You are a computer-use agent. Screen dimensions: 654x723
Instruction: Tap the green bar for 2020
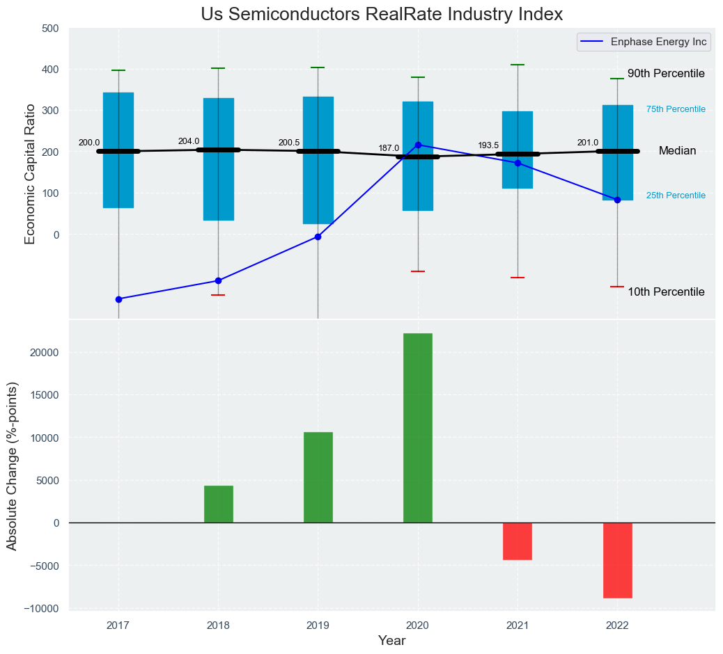(417, 428)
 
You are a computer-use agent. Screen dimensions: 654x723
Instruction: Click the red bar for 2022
(617, 560)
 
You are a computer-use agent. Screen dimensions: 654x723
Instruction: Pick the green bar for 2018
(218, 504)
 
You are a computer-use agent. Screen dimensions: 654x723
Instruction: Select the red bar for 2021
(518, 541)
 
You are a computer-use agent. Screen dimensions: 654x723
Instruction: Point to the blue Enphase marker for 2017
(118, 299)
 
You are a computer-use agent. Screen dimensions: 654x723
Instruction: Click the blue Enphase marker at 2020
(418, 145)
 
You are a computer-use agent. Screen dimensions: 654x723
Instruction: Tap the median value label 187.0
(389, 148)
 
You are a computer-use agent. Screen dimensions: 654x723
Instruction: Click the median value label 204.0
(189, 141)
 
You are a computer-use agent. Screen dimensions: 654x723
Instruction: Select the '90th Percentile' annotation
(666, 74)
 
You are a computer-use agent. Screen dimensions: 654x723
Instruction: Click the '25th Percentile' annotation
(676, 196)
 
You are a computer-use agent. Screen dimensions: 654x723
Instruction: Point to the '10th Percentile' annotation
(666, 292)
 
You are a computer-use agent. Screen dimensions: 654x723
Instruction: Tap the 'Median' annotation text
(677, 151)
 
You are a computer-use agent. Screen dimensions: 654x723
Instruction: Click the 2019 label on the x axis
(318, 625)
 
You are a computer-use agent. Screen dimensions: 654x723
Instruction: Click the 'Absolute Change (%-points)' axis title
(12, 465)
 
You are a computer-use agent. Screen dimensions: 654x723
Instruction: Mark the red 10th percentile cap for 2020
(418, 271)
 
